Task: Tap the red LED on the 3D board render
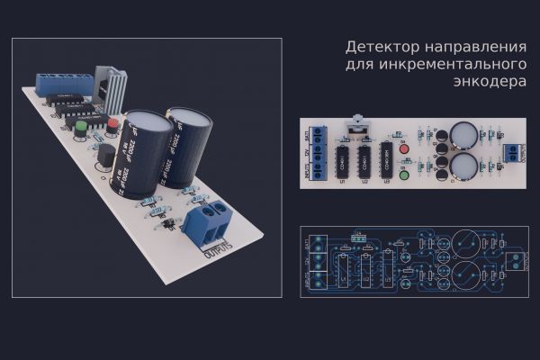click(112, 125)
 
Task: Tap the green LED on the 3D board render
click(81, 127)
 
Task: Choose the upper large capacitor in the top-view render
click(463, 135)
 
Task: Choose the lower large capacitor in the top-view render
click(463, 166)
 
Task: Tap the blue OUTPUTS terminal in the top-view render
click(512, 150)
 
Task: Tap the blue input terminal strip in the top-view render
click(314, 155)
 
